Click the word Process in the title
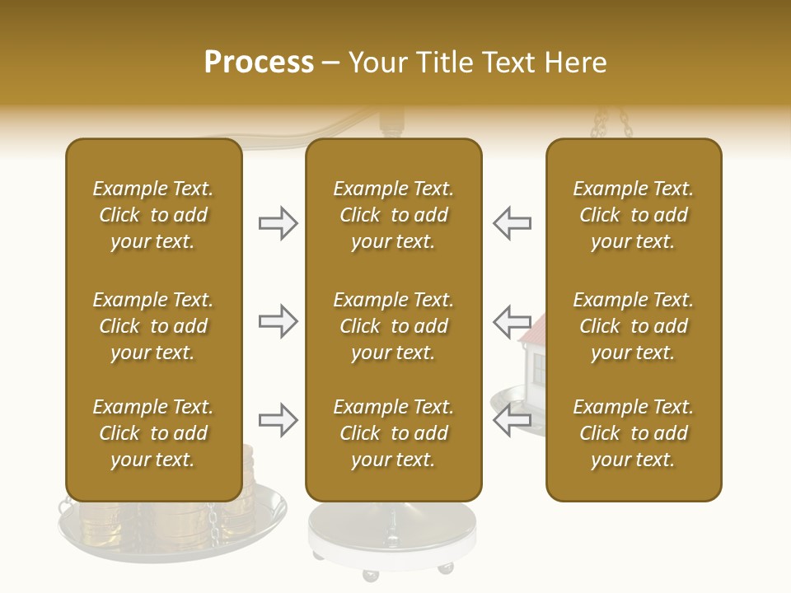click(259, 63)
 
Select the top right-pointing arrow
click(278, 223)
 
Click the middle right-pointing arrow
click(278, 320)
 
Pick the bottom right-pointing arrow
click(278, 420)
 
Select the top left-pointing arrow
click(512, 223)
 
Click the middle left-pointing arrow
click(512, 320)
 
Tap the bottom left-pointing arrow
click(512, 420)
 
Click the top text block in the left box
click(153, 215)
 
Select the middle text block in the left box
click(153, 326)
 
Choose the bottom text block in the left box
click(153, 433)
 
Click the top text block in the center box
click(393, 215)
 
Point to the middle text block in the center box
click(393, 326)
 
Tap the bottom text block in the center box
click(393, 433)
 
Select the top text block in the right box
click(633, 215)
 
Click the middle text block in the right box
click(633, 326)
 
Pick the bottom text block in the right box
click(633, 433)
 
